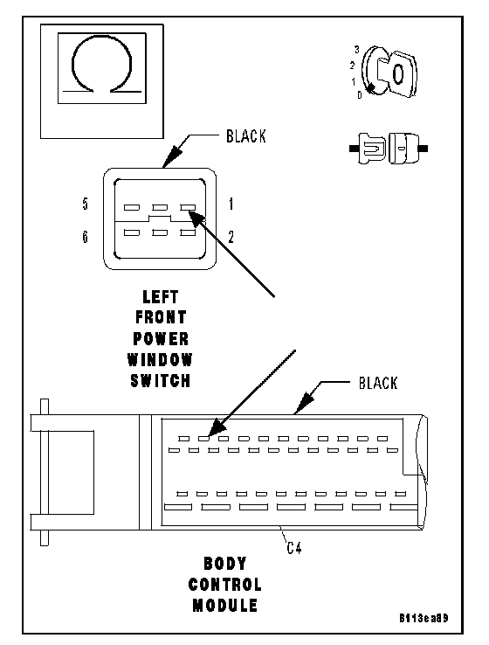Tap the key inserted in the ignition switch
(397, 74)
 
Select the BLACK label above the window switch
(245, 136)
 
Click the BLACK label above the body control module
(378, 383)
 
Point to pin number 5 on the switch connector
(85, 204)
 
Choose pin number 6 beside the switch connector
(85, 237)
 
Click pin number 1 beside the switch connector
(231, 204)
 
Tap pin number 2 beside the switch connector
(231, 237)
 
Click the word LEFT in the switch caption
(161, 297)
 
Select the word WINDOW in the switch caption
(160, 360)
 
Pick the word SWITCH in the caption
(161, 381)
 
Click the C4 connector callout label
(294, 548)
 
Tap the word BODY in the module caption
(225, 564)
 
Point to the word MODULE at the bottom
(225, 606)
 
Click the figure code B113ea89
(424, 618)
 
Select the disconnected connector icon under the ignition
(389, 148)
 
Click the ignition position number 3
(356, 50)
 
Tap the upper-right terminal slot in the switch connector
(188, 208)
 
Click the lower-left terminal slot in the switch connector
(132, 232)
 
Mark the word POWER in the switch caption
(161, 339)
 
